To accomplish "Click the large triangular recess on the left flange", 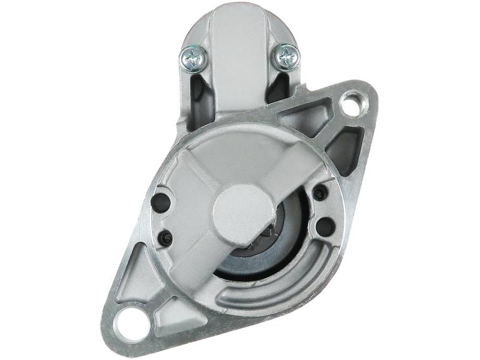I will (143, 264).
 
